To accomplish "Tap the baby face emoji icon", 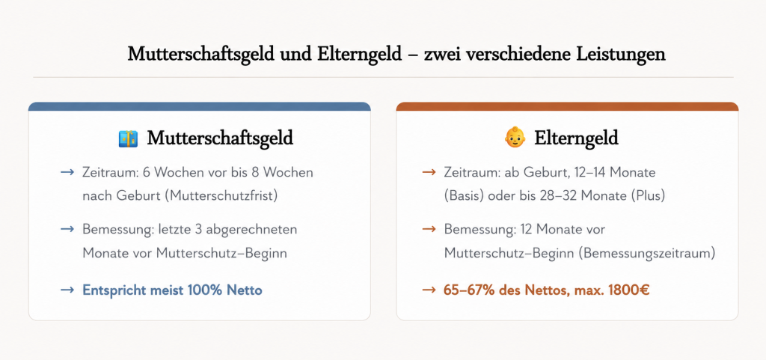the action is pos(515,138).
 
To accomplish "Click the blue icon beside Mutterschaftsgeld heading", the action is pos(128,138).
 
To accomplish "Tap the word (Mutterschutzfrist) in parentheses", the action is pos(221,196).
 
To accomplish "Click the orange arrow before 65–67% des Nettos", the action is pos(429,290).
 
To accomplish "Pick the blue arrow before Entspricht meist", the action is pos(67,290).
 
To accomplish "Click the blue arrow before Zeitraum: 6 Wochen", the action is pos(67,172).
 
